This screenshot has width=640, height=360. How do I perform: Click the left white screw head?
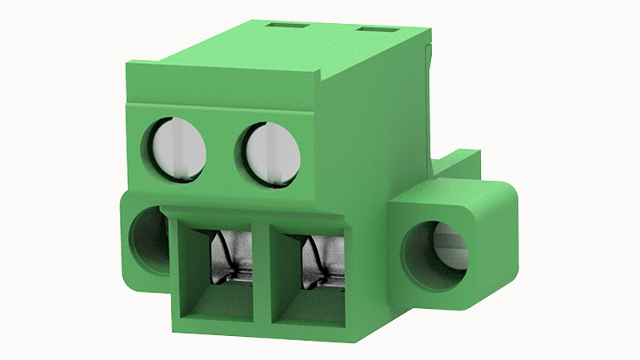(176, 150)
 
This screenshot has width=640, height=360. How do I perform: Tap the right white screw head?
(268, 152)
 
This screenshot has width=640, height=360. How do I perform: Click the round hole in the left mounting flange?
(148, 239)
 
